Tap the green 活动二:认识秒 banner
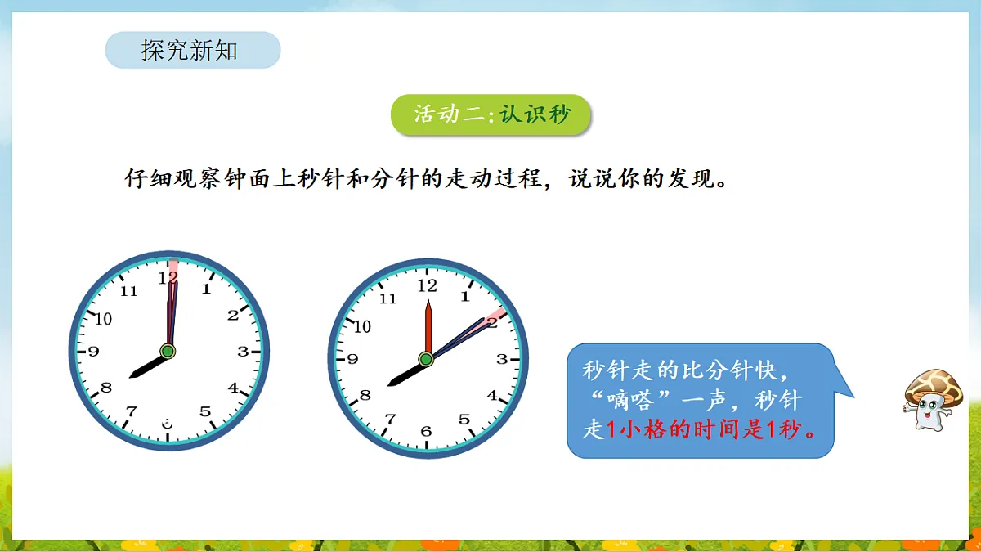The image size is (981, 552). (490, 114)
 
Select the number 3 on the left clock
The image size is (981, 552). (243, 352)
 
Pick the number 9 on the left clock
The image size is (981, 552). (93, 352)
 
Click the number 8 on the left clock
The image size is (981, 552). (106, 388)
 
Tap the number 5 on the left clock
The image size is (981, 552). (205, 412)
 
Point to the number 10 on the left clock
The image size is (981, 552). (103, 319)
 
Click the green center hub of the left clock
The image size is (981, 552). (168, 352)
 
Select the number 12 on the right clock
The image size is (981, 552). (427, 286)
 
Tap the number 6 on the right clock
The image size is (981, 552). (426, 432)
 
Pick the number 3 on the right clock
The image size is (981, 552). (502, 359)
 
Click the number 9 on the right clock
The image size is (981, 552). (352, 359)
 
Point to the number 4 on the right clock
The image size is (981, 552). (492, 396)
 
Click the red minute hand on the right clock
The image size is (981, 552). (427, 327)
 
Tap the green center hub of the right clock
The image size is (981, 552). (426, 359)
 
